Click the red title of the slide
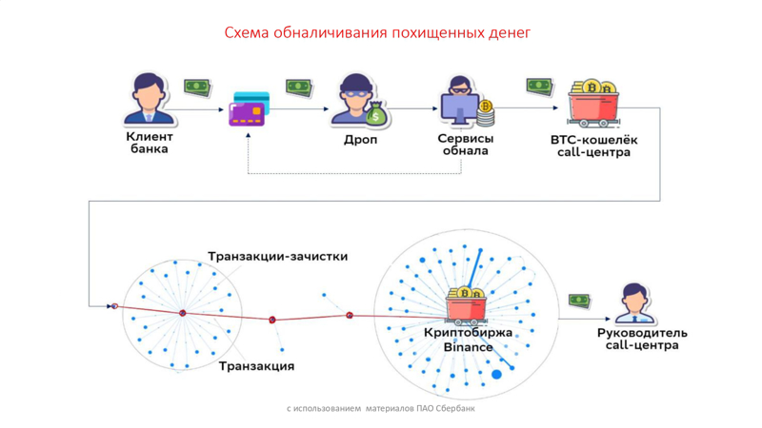(377, 32)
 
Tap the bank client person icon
(149, 99)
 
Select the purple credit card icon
(249, 109)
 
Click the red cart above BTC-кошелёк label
(592, 104)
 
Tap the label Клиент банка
(150, 143)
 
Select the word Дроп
(360, 140)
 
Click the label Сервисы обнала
(466, 145)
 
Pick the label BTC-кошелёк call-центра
(593, 146)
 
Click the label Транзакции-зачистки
(277, 256)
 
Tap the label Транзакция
(256, 366)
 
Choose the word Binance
(468, 347)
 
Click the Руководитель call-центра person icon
(633, 303)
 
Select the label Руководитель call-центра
(642, 340)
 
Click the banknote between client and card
(197, 88)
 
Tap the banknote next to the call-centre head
(579, 301)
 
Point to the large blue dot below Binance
(496, 375)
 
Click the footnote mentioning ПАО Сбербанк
(380, 409)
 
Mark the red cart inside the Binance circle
(466, 305)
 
